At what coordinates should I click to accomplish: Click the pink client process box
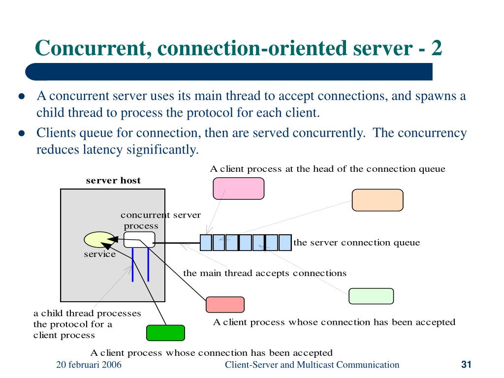coord(238,189)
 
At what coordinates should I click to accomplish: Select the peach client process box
coord(378,200)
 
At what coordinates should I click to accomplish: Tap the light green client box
coord(371,296)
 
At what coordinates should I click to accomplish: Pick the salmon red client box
coord(225,305)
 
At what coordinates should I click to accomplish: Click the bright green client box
coord(165,333)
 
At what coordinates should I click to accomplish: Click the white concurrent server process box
coord(139,240)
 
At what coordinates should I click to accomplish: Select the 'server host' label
coord(113,181)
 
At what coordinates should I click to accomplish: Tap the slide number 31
coord(467,365)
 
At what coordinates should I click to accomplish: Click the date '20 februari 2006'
coord(89,365)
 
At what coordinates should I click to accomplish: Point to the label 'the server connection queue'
coord(357,243)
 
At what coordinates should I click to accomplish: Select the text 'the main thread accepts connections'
coord(265,273)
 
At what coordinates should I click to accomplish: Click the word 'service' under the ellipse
coord(100,254)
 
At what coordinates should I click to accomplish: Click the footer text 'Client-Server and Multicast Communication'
coord(312,365)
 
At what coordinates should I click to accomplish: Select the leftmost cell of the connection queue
coord(206,243)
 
